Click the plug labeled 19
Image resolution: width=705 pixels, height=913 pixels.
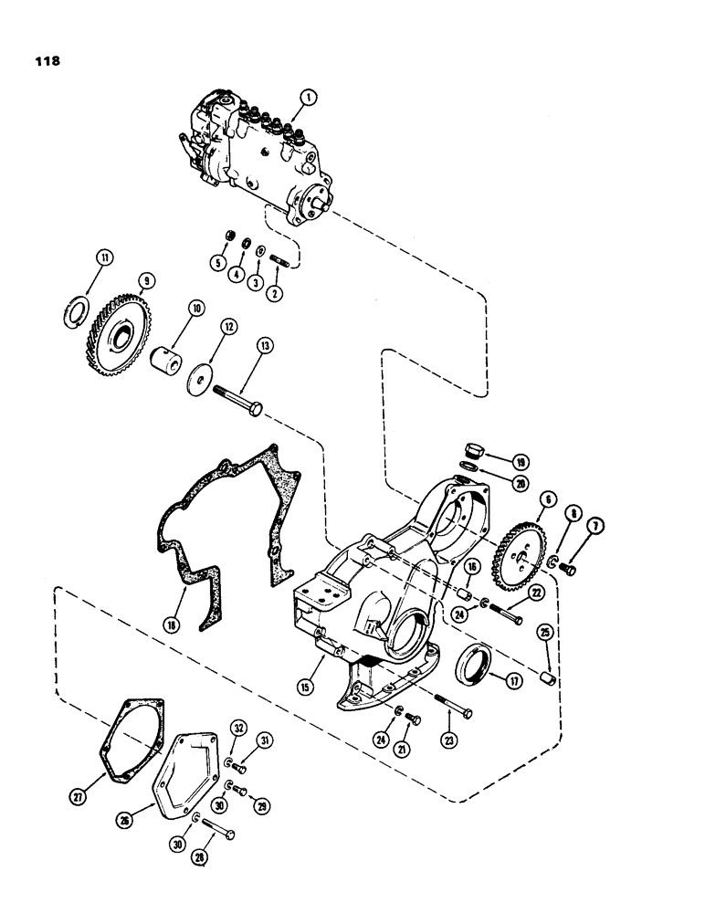474,452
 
